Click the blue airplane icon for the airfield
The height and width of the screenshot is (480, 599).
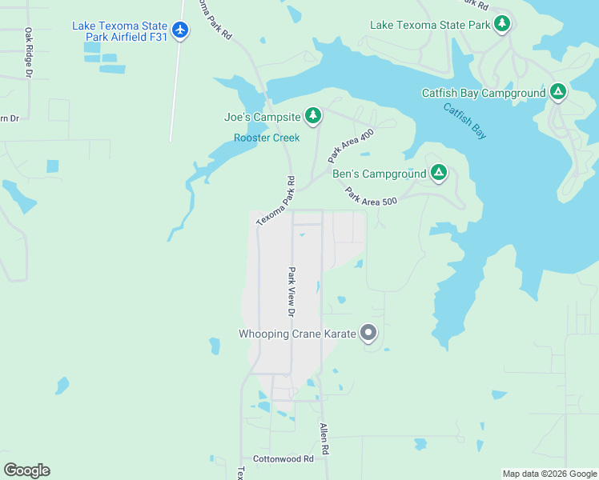pyautogui.click(x=181, y=30)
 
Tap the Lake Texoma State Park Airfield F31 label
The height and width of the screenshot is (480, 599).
pyautogui.click(x=120, y=30)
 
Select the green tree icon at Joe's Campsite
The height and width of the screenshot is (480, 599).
pyautogui.click(x=313, y=117)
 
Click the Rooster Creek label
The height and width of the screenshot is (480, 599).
pyautogui.click(x=267, y=138)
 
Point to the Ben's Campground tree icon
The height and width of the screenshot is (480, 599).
pyautogui.click(x=438, y=173)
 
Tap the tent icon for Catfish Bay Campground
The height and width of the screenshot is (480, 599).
pyautogui.click(x=558, y=93)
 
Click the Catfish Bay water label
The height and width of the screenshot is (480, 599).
pyautogui.click(x=465, y=122)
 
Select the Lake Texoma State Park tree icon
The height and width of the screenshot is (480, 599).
pyautogui.click(x=502, y=24)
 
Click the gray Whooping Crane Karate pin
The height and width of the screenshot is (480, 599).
pyautogui.click(x=368, y=333)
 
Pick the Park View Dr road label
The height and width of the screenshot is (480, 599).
pyautogui.click(x=292, y=290)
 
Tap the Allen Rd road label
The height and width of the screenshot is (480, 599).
pyautogui.click(x=324, y=439)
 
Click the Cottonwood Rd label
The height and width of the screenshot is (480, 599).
pyautogui.click(x=283, y=459)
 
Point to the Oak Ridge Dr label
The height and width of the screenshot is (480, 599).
pyautogui.click(x=28, y=53)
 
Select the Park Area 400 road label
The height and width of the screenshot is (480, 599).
pyautogui.click(x=351, y=146)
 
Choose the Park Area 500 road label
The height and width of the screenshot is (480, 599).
pyautogui.click(x=371, y=196)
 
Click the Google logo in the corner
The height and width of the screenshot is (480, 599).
pyautogui.click(x=26, y=470)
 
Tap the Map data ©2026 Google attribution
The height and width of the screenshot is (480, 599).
pyautogui.click(x=549, y=474)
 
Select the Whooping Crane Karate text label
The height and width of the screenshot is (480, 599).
pyautogui.click(x=297, y=334)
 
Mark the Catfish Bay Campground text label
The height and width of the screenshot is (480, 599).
pyautogui.click(x=484, y=94)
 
